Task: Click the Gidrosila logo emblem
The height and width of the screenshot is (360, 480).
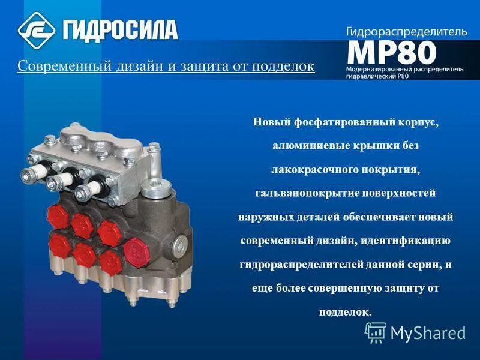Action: tap(36, 29)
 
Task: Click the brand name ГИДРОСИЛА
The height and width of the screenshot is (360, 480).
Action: tap(119, 29)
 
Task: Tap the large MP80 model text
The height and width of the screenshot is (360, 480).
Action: tap(391, 53)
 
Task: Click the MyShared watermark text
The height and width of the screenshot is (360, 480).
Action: tap(428, 332)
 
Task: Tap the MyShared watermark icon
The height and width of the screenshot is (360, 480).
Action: tap(376, 332)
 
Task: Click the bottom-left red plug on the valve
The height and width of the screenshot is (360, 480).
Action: tap(58, 243)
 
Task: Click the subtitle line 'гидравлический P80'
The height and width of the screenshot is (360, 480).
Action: tap(377, 79)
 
